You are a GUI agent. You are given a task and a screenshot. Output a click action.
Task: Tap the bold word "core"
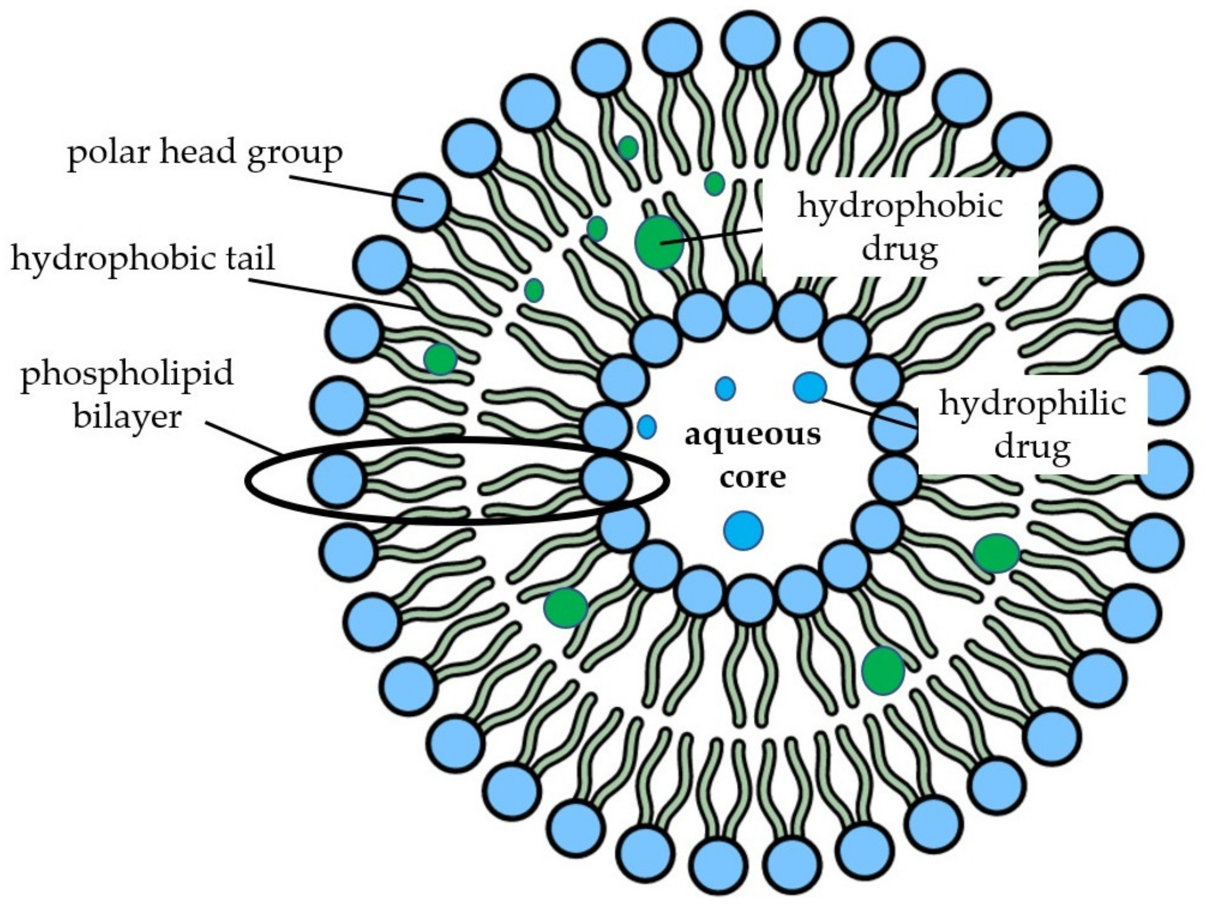pos(752,477)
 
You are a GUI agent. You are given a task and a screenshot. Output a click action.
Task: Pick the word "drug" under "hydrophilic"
pos(1032,447)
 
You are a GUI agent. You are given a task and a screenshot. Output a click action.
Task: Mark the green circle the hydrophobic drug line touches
pos(659,242)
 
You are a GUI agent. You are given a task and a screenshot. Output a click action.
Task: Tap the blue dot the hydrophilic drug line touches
pos(810,388)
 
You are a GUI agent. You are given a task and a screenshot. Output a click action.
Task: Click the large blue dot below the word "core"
pos(743,530)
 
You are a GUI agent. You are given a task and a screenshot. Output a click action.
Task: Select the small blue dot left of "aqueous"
pos(647,426)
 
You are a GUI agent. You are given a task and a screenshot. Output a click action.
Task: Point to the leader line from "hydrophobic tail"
pos(333,295)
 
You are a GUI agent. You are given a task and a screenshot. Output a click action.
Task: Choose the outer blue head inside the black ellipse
pos(338,478)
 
